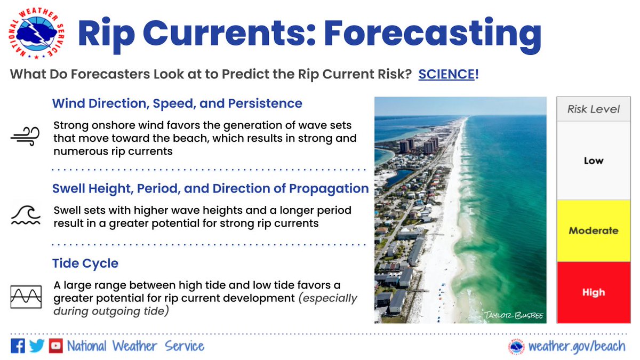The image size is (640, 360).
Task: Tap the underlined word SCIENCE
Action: tap(446, 75)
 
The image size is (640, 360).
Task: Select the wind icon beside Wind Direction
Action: tap(25, 137)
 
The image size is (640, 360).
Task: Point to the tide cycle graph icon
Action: tap(26, 297)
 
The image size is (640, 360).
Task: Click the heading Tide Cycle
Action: tap(85, 263)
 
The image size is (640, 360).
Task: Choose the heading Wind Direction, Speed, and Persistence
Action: tap(177, 103)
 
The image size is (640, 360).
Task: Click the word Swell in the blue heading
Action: tap(69, 188)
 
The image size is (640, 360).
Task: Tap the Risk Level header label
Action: tap(593, 109)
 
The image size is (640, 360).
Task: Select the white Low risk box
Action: tap(593, 161)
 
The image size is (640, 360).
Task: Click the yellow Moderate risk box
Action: tap(593, 231)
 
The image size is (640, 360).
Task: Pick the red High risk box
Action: tap(593, 292)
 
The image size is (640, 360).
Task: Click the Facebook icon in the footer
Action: tap(18, 346)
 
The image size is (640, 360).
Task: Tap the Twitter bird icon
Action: tap(36, 346)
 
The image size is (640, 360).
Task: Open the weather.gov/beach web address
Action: tap(576, 346)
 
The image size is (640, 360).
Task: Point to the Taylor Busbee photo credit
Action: tap(513, 315)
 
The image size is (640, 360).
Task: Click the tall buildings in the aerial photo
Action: tap(418, 145)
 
